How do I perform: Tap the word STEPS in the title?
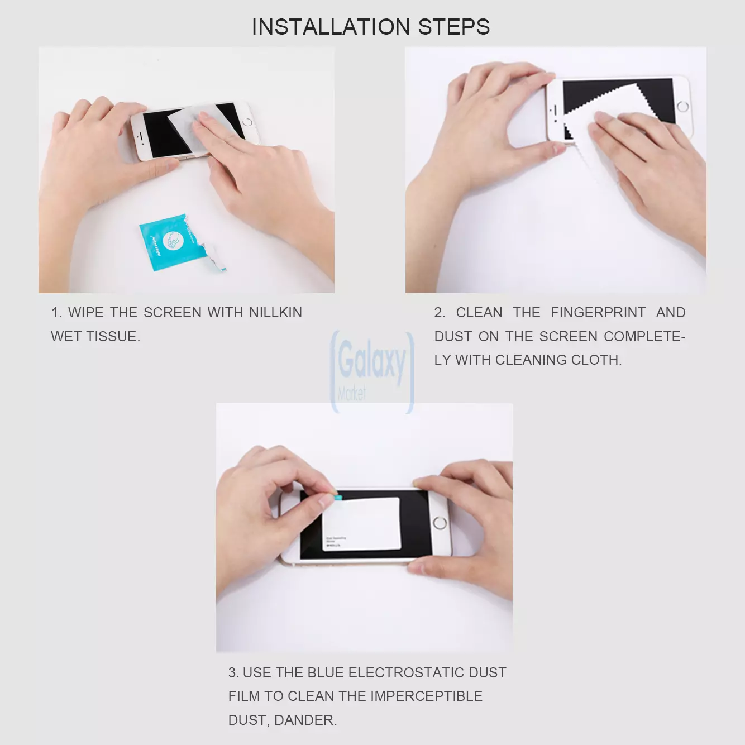click(453, 27)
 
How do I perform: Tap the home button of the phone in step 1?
click(247, 122)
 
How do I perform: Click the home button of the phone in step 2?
click(682, 107)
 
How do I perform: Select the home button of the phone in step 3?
click(440, 523)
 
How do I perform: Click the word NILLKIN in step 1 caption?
click(275, 312)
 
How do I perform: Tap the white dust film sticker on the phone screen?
click(361, 524)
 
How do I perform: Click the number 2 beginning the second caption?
click(438, 312)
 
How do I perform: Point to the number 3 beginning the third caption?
click(232, 672)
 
